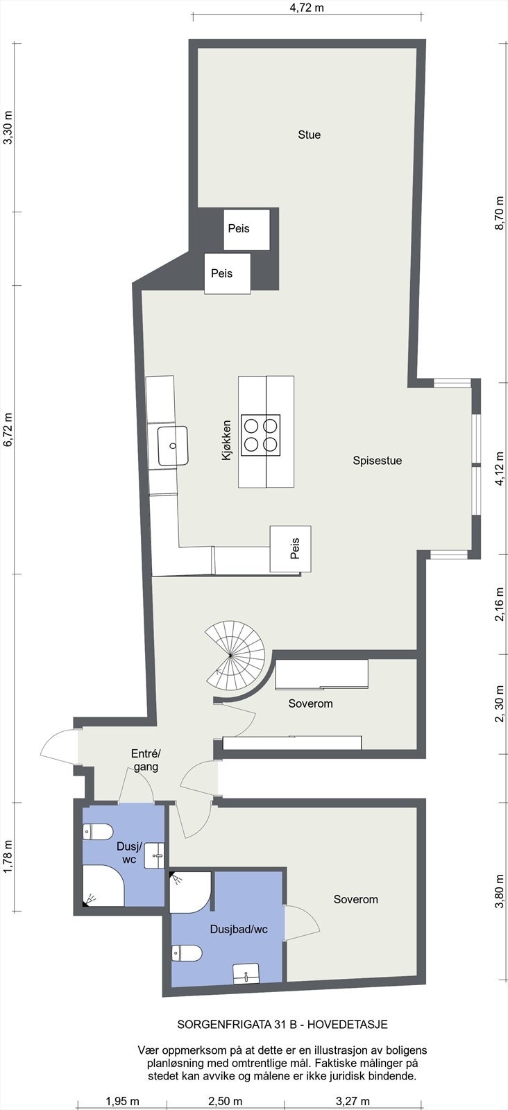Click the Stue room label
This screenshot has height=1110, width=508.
click(309, 135)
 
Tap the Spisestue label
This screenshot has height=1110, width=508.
click(377, 460)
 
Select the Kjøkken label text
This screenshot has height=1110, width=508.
click(226, 440)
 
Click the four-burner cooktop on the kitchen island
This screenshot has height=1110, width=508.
click(261, 435)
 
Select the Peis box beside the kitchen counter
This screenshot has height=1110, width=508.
click(291, 549)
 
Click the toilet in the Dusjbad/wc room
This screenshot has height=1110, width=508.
click(187, 953)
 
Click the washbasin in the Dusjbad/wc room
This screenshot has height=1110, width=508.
click(246, 973)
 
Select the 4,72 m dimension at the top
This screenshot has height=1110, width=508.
click(307, 8)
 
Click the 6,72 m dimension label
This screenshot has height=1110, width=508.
click(8, 430)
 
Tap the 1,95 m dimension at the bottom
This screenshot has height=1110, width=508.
click(122, 1101)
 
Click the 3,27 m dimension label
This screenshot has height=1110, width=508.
click(353, 1101)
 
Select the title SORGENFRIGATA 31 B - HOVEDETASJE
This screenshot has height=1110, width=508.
click(282, 1024)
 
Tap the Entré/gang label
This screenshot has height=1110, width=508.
click(146, 760)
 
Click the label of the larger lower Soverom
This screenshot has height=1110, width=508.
click(355, 899)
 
